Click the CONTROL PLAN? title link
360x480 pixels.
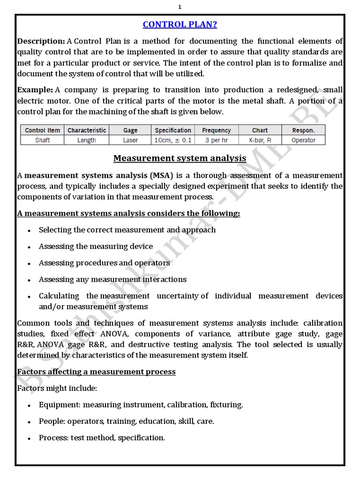pyautogui.click(x=180, y=24)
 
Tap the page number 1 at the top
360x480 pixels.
pyautogui.click(x=180, y=7)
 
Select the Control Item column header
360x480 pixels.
pyautogui.click(x=42, y=130)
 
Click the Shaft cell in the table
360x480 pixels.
pyautogui.click(x=42, y=140)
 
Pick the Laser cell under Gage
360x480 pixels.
pyautogui.click(x=130, y=140)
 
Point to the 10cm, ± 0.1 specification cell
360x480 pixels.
pyautogui.click(x=173, y=140)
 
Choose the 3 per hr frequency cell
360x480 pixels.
pyautogui.click(x=216, y=140)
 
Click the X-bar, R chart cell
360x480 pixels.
pyautogui.click(x=260, y=140)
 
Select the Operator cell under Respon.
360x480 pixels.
pyautogui.click(x=303, y=140)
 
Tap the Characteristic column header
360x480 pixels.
pyautogui.click(x=87, y=130)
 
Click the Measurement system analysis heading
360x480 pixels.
pyautogui.click(x=180, y=158)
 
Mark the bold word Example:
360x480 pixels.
pyautogui.click(x=35, y=90)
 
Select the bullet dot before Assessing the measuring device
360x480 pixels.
pyautogui.click(x=29, y=247)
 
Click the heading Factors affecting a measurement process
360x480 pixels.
pyautogui.click(x=96, y=372)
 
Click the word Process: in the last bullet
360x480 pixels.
pyautogui.click(x=53, y=438)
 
